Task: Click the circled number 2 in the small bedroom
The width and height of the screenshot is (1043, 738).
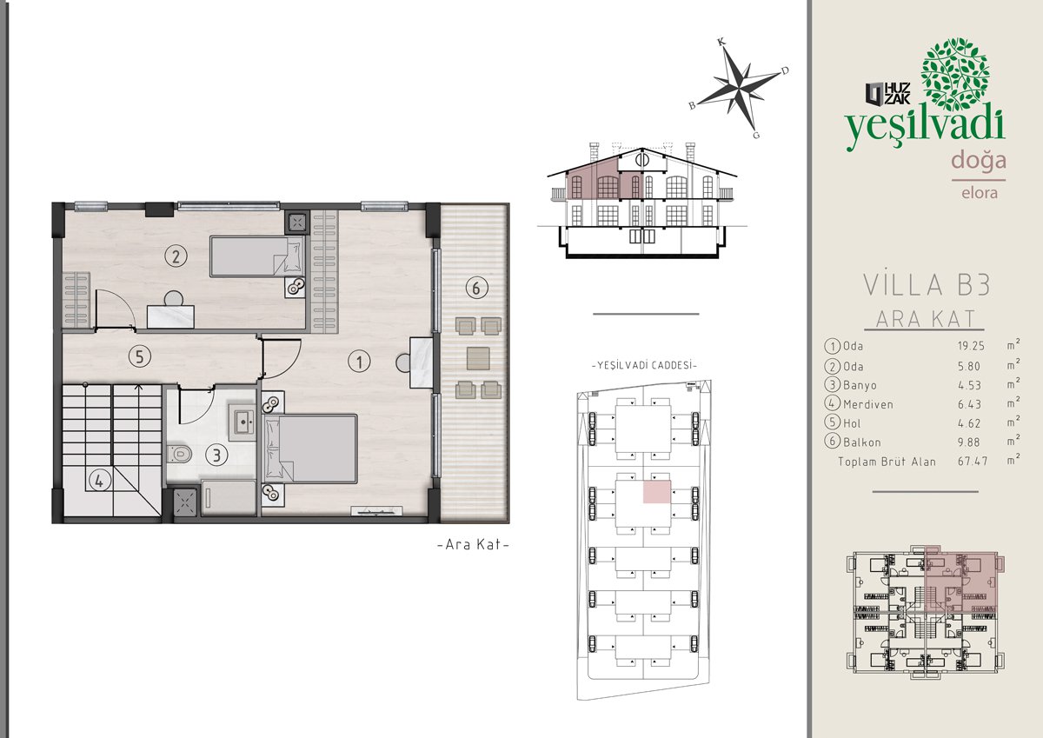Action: [176, 256]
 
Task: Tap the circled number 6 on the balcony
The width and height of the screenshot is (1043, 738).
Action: [476, 289]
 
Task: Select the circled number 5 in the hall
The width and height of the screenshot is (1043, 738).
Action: [139, 357]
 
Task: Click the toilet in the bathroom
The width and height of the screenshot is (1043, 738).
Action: [179, 453]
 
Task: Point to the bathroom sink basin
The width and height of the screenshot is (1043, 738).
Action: [242, 422]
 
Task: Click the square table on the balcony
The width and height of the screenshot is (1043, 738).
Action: [479, 358]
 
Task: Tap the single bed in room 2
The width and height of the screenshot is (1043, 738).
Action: [257, 256]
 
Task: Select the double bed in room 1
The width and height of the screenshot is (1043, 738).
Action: [310, 449]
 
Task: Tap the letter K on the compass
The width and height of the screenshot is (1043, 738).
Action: [721, 42]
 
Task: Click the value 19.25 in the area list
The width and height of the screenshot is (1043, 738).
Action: [971, 346]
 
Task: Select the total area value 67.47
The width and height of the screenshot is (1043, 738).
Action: [973, 461]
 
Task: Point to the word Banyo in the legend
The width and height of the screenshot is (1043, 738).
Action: [860, 386]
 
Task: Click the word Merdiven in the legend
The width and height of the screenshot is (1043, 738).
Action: [868, 404]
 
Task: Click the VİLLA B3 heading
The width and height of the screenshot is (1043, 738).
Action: [927, 284]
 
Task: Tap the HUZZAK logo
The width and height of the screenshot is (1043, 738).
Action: [887, 94]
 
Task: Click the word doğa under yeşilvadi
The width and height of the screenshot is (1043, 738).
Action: [979, 161]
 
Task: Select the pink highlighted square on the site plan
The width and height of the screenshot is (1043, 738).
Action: [657, 492]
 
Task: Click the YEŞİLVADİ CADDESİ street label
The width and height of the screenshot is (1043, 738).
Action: [644, 365]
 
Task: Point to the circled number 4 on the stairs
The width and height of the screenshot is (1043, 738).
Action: [99, 481]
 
